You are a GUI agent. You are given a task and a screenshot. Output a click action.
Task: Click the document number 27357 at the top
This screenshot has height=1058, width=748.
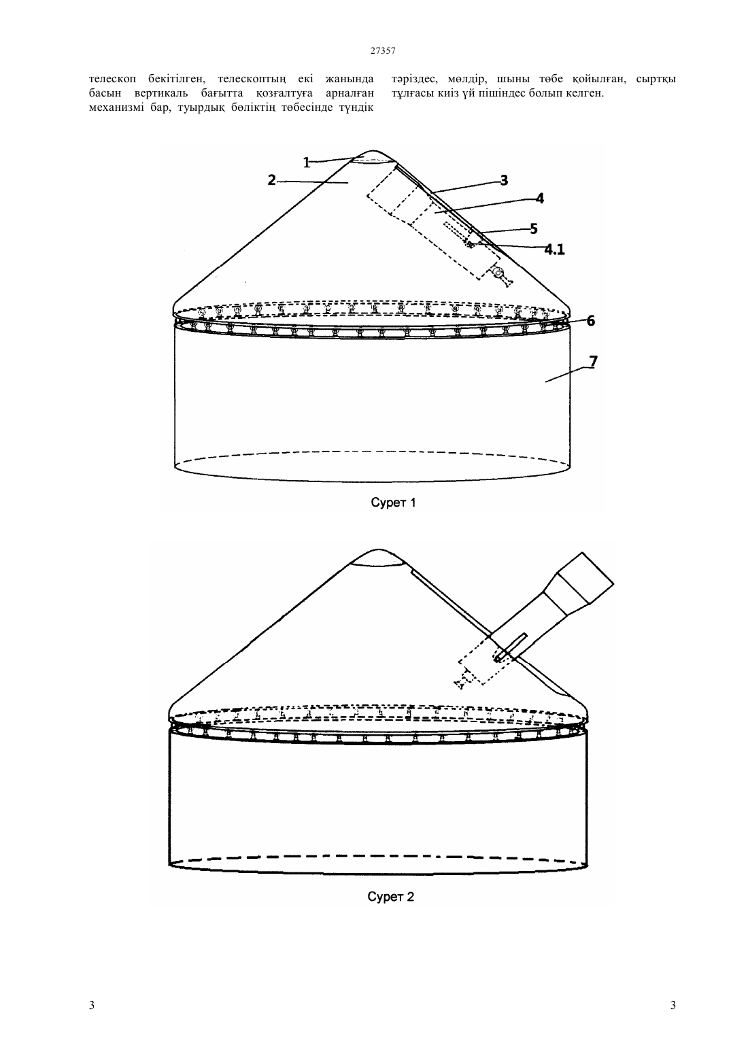click(x=382, y=51)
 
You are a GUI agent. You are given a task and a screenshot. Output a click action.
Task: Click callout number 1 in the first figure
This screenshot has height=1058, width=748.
click(x=307, y=163)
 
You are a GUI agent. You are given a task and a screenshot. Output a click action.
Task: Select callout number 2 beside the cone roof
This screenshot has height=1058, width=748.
click(x=271, y=180)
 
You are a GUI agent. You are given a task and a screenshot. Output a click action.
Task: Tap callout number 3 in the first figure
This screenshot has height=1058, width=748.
click(x=504, y=180)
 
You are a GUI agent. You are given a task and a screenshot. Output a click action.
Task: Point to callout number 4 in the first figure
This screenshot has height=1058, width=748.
click(x=540, y=198)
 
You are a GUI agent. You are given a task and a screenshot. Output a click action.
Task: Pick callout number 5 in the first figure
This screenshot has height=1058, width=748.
click(x=534, y=229)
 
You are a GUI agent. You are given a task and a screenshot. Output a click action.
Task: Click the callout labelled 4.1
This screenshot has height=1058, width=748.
click(x=554, y=250)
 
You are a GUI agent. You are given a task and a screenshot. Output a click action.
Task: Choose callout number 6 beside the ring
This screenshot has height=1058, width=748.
click(x=591, y=321)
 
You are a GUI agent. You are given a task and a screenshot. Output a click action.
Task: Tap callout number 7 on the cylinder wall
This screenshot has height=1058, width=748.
click(x=593, y=361)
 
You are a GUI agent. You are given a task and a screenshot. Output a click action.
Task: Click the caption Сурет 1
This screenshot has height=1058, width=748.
click(x=393, y=502)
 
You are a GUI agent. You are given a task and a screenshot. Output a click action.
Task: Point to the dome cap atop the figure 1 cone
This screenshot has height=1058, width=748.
click(x=373, y=158)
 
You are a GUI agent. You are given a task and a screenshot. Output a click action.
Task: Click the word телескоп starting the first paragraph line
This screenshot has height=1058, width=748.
click(x=112, y=79)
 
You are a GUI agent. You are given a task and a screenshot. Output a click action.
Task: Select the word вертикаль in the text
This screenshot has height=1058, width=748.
click(x=165, y=93)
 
